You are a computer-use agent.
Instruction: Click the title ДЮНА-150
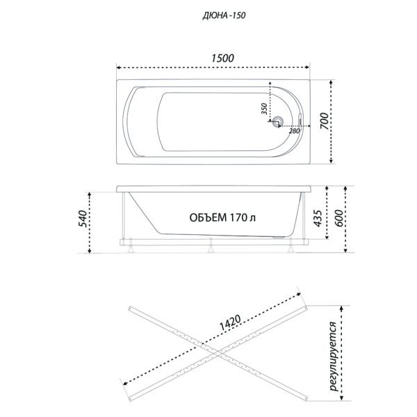pyautogui.click(x=208, y=14)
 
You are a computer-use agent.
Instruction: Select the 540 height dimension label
pyautogui.click(x=82, y=219)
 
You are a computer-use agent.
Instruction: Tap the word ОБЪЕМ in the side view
pyautogui.click(x=208, y=217)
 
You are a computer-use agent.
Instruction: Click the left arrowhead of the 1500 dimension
pyautogui.click(x=118, y=67)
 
